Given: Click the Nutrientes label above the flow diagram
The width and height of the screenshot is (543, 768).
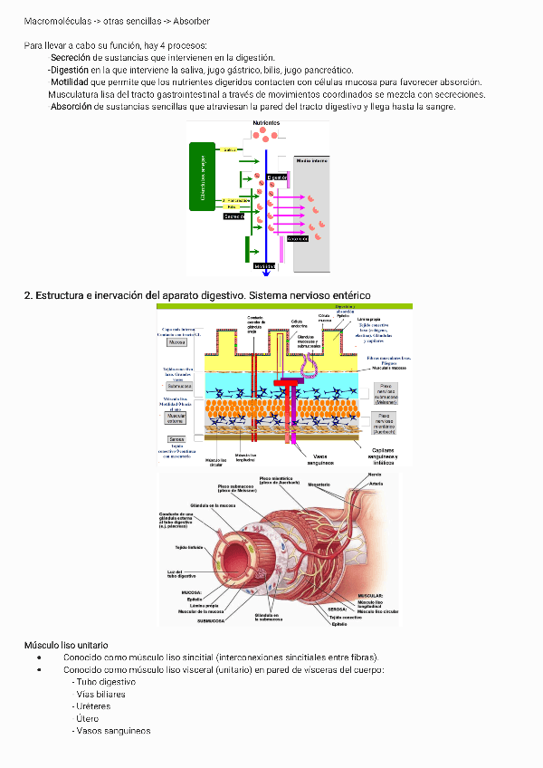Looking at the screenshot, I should click(265, 122).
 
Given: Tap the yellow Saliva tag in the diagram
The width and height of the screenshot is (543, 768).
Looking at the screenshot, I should click(230, 149).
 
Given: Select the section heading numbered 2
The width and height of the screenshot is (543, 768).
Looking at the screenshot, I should click(197, 295).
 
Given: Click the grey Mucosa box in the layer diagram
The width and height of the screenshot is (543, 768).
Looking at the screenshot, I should click(177, 342).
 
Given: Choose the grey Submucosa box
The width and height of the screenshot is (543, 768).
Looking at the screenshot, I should click(177, 387).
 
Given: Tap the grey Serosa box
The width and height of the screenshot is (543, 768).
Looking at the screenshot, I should click(176, 438).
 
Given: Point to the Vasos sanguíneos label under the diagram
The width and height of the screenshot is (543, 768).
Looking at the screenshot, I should click(321, 459).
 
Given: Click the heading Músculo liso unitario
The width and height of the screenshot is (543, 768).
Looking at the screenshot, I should click(66, 644).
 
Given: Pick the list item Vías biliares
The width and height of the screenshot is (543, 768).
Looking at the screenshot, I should click(101, 695).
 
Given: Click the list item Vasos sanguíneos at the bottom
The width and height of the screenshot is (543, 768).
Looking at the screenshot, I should click(113, 731).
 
